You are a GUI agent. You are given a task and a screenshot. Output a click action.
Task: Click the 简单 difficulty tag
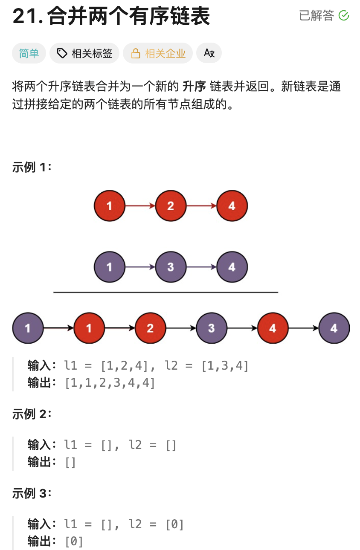tap(29, 53)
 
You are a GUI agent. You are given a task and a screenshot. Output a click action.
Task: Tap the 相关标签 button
tap(84, 53)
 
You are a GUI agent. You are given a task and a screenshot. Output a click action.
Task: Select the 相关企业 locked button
tap(158, 53)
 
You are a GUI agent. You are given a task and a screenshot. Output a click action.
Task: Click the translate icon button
tap(209, 53)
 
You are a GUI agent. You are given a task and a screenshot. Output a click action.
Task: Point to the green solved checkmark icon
tap(344, 16)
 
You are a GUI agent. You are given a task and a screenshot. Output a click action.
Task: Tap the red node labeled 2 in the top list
tap(171, 206)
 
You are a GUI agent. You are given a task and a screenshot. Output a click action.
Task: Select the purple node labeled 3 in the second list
tap(171, 267)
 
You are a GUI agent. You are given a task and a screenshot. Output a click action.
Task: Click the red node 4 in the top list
tap(232, 206)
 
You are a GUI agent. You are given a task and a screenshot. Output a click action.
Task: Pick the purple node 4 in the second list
tap(232, 267)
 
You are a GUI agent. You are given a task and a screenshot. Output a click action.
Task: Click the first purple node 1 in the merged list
tap(28, 328)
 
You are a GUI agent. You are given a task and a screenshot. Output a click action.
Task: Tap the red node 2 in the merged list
tap(150, 328)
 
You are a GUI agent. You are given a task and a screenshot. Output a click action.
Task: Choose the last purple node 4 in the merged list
tap(334, 328)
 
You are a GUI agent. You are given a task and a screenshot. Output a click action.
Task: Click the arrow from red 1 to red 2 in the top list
tap(140, 206)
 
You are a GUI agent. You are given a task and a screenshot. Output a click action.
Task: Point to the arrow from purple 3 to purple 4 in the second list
tap(201, 267)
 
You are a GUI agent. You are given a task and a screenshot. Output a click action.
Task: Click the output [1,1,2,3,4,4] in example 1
tap(110, 383)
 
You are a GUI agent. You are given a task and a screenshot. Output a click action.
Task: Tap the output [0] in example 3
tap(74, 541)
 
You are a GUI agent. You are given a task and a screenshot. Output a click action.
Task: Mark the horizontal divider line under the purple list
tap(165, 292)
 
